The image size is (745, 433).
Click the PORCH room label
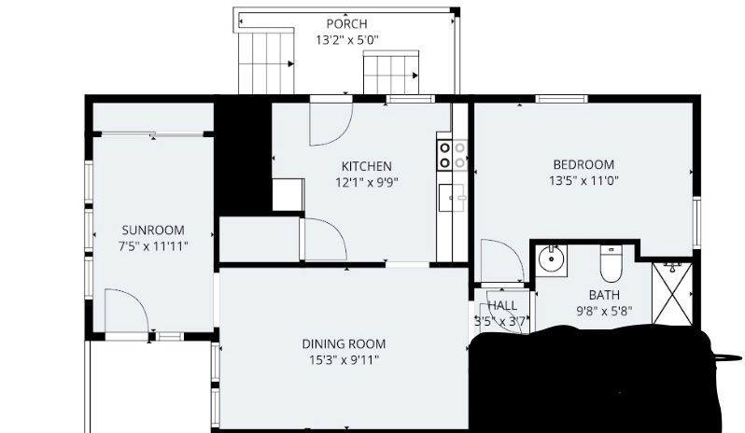tap(347, 23)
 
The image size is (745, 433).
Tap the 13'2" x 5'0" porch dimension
tap(347, 40)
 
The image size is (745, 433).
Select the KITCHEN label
tap(367, 167)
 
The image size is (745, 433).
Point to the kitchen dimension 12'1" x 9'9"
tap(367, 183)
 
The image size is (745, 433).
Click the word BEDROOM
tap(583, 165)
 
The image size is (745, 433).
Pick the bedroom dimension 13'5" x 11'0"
tap(583, 181)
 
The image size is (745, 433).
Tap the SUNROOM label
tap(153, 230)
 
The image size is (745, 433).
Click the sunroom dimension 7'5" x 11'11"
tap(153, 246)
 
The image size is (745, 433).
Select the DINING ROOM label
tap(344, 343)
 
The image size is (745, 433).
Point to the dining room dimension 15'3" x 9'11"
tap(344, 360)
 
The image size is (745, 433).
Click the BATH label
tap(604, 295)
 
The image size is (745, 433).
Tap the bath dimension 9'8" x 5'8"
tap(604, 312)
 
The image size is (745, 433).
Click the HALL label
tap(502, 305)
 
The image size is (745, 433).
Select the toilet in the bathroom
tap(611, 263)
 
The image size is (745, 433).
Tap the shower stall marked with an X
tap(673, 293)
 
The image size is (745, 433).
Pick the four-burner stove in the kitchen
tap(452, 155)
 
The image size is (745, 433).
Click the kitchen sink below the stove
tap(452, 198)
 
